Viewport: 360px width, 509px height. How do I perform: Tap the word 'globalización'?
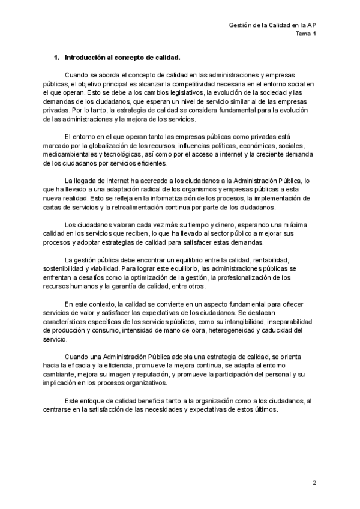tap(103, 146)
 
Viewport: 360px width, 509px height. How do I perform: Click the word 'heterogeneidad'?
tap(230, 330)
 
